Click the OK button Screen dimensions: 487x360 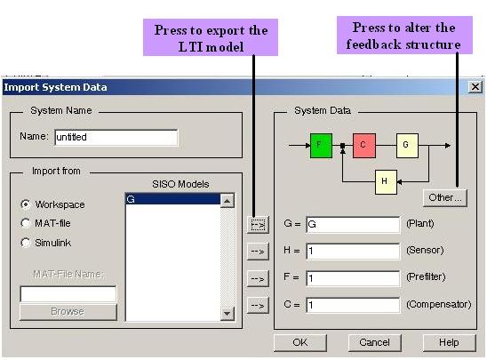(300, 342)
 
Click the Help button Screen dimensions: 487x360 (449, 342)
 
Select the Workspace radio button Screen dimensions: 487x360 (26, 204)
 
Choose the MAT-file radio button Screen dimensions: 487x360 (26, 223)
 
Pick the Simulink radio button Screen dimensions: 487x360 (26, 243)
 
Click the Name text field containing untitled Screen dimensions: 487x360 (116, 137)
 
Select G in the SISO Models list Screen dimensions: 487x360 (172, 199)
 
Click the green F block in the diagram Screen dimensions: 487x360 (321, 146)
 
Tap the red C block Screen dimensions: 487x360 (364, 146)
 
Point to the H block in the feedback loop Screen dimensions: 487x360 (386, 181)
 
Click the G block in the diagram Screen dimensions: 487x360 (407, 146)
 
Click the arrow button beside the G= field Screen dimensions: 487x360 (258, 225)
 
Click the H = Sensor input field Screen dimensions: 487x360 (353, 251)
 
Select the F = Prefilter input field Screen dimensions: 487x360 (353, 278)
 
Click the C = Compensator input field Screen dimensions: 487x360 (353, 305)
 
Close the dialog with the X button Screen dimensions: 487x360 (475, 87)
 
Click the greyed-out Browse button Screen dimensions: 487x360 (68, 311)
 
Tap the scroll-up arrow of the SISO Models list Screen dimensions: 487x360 (227, 201)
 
